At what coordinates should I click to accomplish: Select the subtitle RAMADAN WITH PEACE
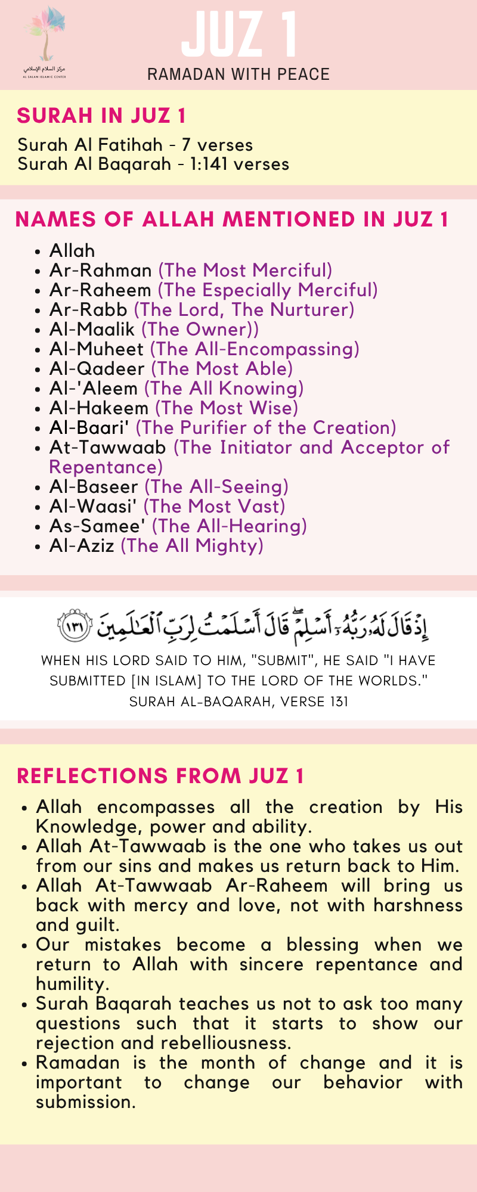tap(238, 74)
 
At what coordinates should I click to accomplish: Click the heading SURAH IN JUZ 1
tap(101, 116)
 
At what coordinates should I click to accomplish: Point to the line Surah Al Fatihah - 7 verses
tap(135, 145)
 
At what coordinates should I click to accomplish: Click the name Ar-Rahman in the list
tap(101, 271)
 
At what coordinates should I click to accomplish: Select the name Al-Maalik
tap(92, 330)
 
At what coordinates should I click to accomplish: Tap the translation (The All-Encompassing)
tap(255, 349)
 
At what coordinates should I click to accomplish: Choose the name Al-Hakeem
tap(99, 408)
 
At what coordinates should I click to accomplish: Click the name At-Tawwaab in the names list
tap(108, 448)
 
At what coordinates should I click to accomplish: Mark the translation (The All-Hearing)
tap(230, 526)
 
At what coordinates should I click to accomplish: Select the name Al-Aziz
tap(82, 546)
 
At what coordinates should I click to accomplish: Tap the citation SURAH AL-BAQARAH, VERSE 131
tap(238, 701)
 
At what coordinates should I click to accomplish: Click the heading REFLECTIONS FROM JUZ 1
tap(160, 776)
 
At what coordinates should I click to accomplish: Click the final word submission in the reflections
tap(85, 1103)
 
